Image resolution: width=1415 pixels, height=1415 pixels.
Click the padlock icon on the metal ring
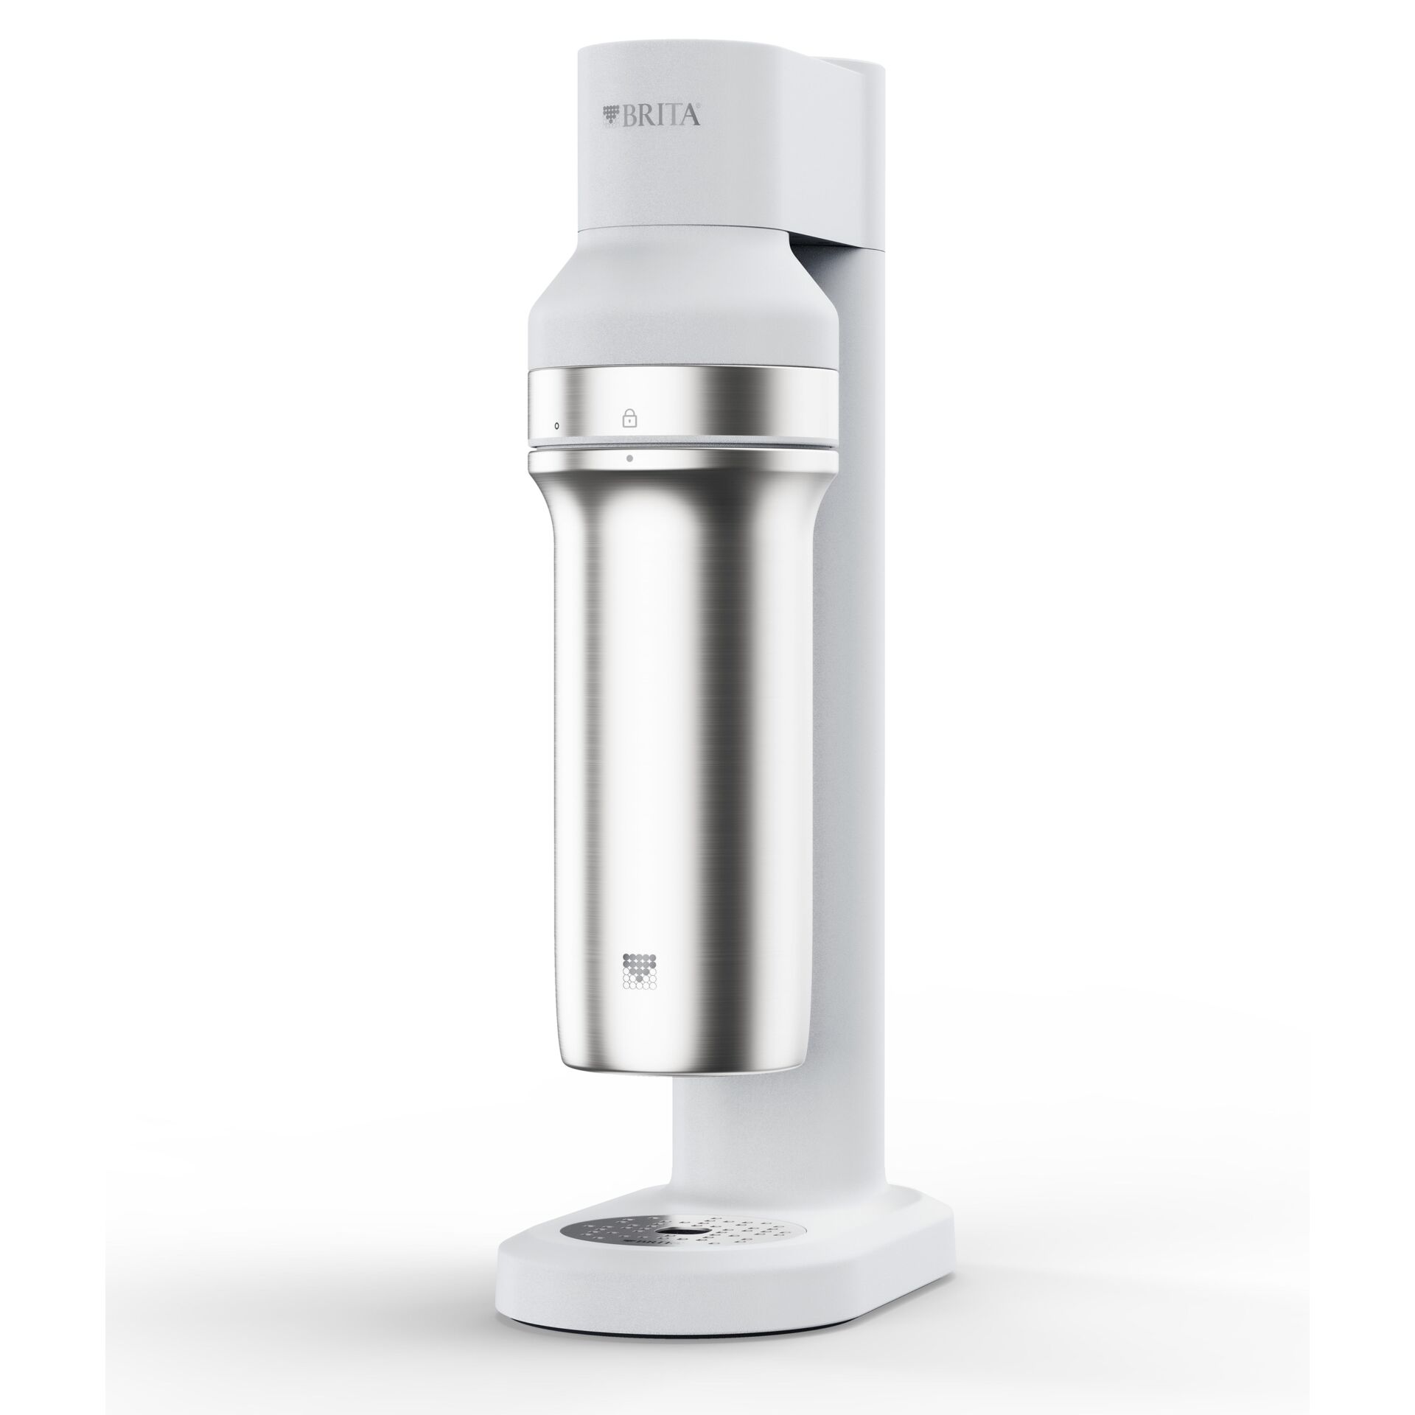tap(629, 418)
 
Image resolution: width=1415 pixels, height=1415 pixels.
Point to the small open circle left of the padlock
tap(556, 425)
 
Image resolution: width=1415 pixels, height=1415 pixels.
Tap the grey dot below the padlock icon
tap(629, 458)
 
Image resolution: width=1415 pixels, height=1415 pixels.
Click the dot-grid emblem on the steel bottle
tap(639, 971)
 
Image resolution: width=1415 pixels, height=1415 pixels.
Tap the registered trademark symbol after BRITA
tap(698, 108)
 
